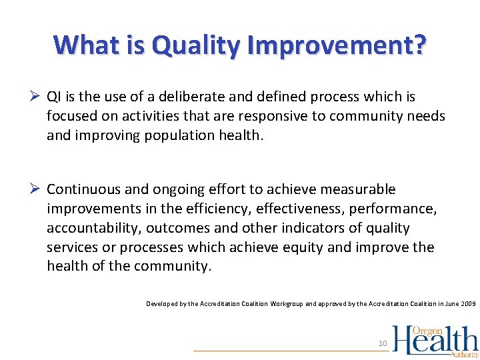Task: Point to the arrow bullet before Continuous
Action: coord(37,189)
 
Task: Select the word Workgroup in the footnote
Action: coord(286,304)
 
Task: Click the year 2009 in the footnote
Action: coord(469,304)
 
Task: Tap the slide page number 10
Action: coord(383,343)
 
